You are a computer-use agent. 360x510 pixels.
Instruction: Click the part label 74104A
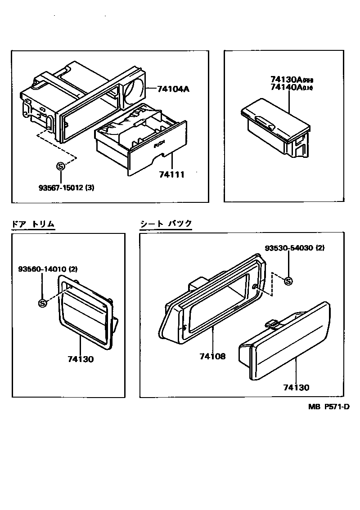(173, 89)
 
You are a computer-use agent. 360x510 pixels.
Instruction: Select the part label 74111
(171, 174)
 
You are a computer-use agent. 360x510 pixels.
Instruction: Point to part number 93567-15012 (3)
(66, 187)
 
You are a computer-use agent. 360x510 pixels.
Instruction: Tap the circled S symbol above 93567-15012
(60, 166)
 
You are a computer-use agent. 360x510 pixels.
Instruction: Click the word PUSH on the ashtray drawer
(159, 145)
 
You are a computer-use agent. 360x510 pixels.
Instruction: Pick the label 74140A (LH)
(292, 88)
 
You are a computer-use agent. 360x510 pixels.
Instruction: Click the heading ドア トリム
(33, 224)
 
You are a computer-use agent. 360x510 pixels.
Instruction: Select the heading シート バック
(166, 224)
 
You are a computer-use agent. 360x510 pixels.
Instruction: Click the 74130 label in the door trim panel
(81, 359)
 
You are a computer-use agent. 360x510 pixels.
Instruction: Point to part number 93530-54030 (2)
(294, 248)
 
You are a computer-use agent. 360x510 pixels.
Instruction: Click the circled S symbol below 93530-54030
(288, 282)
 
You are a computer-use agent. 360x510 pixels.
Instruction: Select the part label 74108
(213, 357)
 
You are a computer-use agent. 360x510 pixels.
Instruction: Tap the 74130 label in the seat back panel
(296, 387)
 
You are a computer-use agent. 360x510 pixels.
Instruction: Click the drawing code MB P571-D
(329, 407)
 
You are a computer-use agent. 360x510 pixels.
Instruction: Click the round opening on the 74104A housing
(134, 89)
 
